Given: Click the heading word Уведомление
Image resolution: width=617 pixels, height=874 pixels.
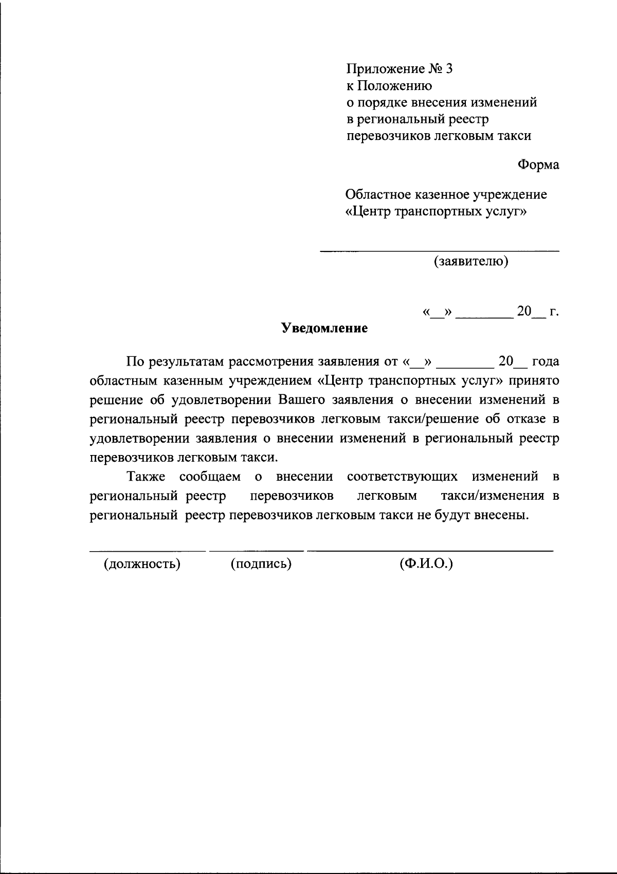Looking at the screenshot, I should (324, 329).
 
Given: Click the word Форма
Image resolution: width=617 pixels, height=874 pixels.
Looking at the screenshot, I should (538, 165).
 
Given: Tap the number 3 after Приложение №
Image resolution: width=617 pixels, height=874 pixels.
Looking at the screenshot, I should (448, 69).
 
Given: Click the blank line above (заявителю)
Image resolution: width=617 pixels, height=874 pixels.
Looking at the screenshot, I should (440, 251).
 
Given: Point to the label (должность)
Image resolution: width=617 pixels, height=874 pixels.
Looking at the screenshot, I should (142, 564).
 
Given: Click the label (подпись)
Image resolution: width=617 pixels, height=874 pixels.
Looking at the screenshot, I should (261, 564).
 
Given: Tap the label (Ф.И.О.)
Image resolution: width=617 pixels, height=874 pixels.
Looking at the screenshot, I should (426, 564).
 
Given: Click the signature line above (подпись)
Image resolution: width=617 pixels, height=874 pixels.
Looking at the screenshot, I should (257, 551).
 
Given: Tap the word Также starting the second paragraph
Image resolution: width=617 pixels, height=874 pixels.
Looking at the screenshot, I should (146, 477).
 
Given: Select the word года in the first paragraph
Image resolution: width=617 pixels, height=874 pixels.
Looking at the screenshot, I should (545, 361).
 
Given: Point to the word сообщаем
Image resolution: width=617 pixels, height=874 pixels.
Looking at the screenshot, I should (210, 477).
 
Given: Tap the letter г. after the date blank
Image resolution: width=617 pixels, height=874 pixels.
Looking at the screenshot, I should (554, 312).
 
